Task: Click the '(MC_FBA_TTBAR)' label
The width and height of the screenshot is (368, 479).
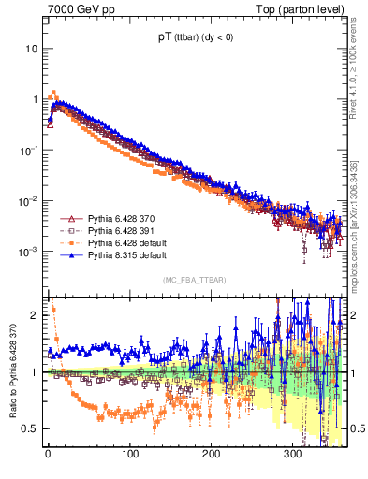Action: [x=193, y=280]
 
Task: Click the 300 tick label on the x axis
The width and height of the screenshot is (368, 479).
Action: [x=292, y=456]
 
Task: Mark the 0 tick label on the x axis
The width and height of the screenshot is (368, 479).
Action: [x=48, y=456]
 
